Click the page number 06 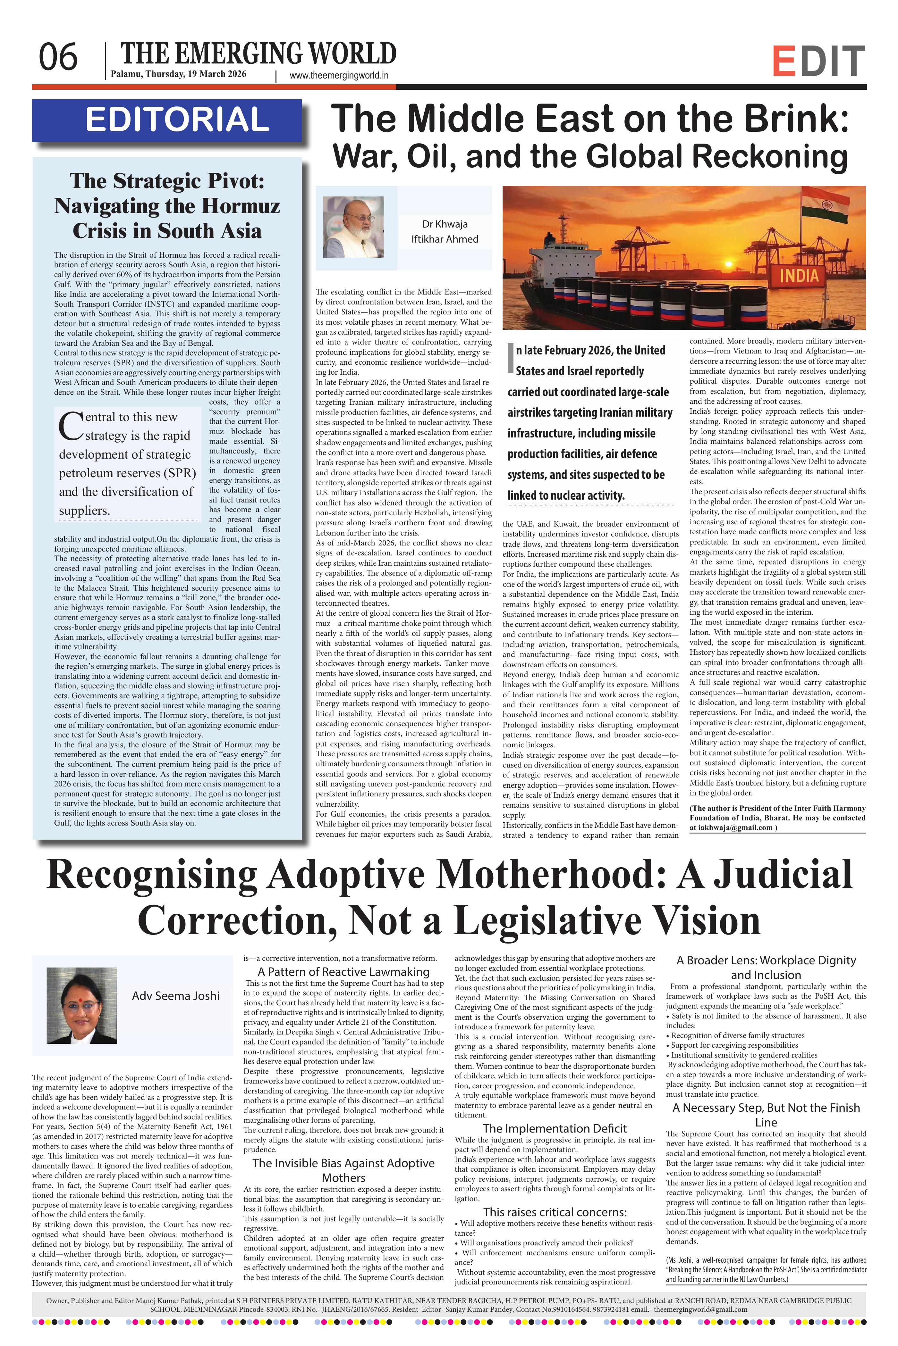[58, 58]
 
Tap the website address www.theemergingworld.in [339, 75]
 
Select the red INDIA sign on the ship [799, 276]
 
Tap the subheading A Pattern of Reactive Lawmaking [343, 972]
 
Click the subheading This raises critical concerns [555, 1212]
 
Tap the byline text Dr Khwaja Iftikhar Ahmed [445, 231]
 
